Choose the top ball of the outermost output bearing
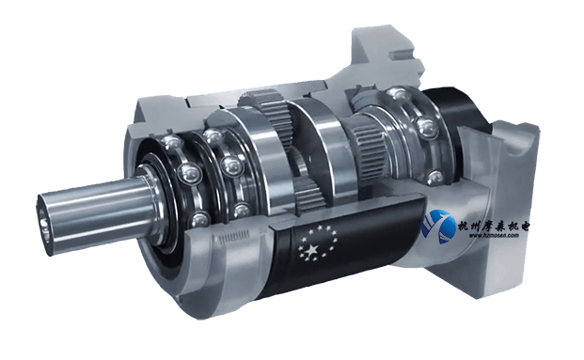click(x=168, y=141)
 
